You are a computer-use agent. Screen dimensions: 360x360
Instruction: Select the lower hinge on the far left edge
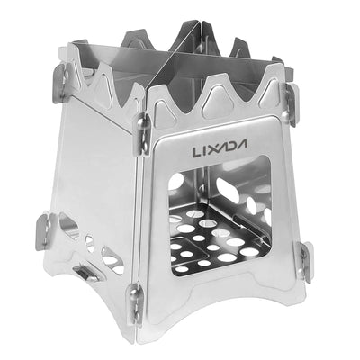(x=45, y=230)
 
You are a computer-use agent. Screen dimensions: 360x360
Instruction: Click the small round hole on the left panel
(x=90, y=244)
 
